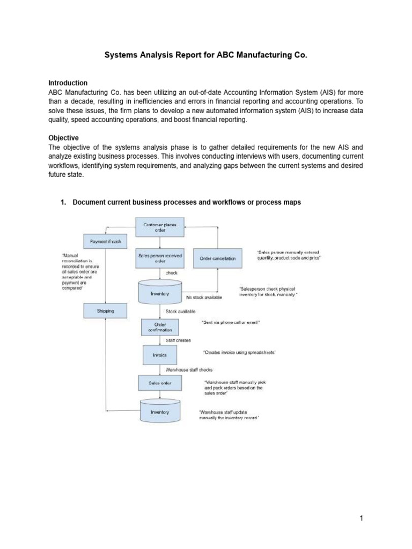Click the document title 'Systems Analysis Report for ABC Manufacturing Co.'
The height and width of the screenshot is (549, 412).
tap(206, 55)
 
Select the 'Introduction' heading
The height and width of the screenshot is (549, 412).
tap(68, 83)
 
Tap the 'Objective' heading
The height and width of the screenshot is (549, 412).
tap(63, 138)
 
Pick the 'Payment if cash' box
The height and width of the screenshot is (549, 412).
tap(106, 242)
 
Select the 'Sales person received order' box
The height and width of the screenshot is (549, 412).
tap(160, 258)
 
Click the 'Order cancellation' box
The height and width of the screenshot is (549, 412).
tap(217, 258)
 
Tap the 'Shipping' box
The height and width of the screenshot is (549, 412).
tap(106, 310)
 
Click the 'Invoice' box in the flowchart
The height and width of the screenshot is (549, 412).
tap(160, 355)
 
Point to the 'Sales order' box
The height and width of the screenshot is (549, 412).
tap(160, 383)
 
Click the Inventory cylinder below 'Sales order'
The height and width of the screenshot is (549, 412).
tap(160, 412)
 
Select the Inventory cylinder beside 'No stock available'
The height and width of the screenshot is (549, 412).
tap(160, 293)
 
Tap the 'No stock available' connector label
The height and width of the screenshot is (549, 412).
tap(204, 298)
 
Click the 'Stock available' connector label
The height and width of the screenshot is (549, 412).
tap(180, 311)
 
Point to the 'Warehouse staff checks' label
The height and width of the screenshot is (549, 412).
tap(189, 369)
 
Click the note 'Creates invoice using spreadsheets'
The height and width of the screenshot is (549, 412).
tap(239, 352)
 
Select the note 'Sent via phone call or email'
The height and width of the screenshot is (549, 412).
tap(231, 322)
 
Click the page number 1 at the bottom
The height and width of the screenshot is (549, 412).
tap(362, 518)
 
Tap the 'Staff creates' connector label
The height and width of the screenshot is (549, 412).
tap(178, 340)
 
